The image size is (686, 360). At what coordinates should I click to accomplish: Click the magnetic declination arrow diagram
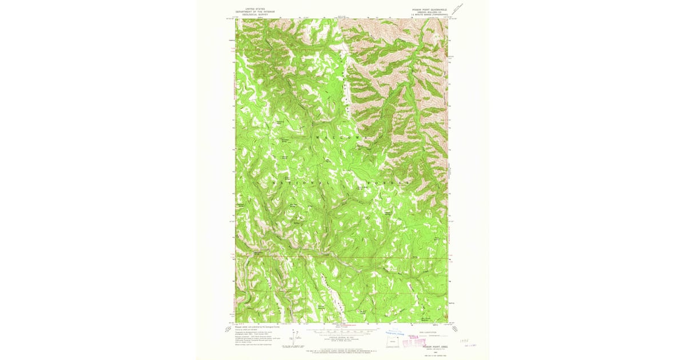[296, 338]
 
